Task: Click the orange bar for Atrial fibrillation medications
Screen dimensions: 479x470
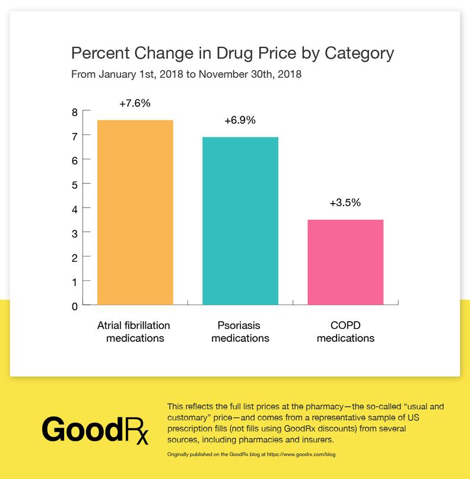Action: click(135, 212)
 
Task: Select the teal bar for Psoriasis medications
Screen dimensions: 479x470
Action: click(240, 221)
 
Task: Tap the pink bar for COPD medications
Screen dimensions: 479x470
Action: click(345, 262)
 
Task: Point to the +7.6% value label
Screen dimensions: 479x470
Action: click(135, 103)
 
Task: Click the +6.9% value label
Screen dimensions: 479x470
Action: click(240, 120)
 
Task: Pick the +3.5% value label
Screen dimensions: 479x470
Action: click(345, 202)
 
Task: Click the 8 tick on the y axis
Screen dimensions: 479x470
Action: click(75, 111)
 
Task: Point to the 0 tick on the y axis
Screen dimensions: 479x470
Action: click(75, 306)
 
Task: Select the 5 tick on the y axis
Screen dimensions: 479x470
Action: click(75, 185)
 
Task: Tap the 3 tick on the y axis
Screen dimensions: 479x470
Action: click(75, 233)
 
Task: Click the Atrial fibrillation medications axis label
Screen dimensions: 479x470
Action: click(134, 332)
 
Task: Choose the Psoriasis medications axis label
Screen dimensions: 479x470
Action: click(240, 332)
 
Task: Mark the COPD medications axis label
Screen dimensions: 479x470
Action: click(345, 332)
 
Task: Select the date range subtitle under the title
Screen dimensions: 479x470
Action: click(186, 75)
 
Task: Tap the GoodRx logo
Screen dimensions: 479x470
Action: click(95, 429)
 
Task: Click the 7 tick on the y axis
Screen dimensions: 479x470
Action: click(75, 136)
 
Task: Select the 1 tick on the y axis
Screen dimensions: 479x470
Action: click(75, 282)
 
